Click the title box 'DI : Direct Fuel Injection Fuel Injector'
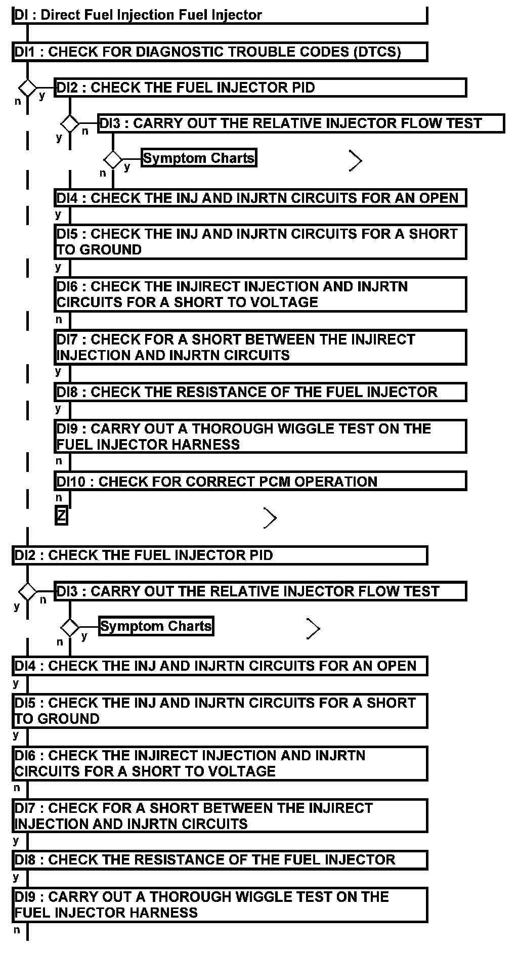point(220,15)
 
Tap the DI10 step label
point(71,482)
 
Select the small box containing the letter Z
point(61,516)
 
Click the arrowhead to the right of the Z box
point(271,518)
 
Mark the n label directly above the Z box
point(59,498)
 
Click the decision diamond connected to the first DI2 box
point(27,88)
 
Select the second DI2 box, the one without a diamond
point(220,555)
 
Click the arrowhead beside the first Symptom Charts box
point(356,161)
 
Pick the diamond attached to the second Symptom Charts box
point(70,628)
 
